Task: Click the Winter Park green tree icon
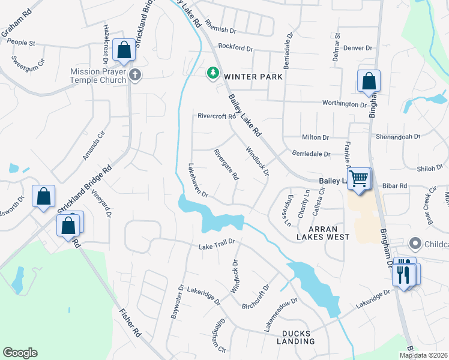212,73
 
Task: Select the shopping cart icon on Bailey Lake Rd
359,178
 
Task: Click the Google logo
20,353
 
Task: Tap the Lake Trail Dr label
219,244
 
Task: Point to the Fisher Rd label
130,323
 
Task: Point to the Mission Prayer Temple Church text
98,76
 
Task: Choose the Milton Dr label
316,137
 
